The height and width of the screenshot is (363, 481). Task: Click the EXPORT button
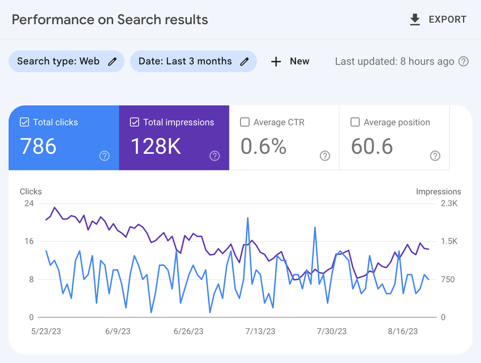click(438, 19)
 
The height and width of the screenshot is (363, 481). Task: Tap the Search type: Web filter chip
click(66, 62)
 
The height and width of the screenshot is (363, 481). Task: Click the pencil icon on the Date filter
click(245, 62)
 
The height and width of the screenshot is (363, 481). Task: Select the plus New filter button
click(290, 62)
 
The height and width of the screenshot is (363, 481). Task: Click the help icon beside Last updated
click(464, 62)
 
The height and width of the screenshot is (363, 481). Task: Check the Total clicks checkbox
click(24, 122)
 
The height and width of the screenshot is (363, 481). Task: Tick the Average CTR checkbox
click(245, 122)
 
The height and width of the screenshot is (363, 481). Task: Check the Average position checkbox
click(355, 122)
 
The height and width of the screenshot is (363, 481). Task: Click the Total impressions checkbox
click(135, 122)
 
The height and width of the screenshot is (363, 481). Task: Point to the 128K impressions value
click(156, 146)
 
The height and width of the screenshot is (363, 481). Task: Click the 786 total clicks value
click(38, 146)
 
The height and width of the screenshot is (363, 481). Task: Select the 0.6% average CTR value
click(263, 146)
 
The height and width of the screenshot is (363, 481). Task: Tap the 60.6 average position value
click(372, 146)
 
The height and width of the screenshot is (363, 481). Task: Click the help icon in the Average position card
click(435, 156)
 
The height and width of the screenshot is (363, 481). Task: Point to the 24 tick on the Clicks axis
click(29, 203)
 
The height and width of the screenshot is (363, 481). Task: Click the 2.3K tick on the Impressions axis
click(449, 203)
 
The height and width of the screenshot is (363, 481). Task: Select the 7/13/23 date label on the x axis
click(260, 331)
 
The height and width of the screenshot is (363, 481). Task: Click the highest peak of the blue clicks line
click(248, 218)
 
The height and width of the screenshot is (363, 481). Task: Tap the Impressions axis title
click(438, 192)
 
